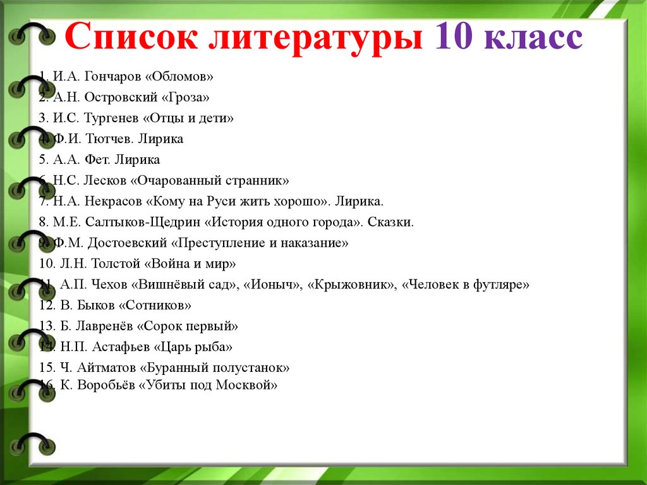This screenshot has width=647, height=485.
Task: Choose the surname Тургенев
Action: pyautogui.click(x=111, y=118)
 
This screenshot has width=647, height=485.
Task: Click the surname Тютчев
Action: pyautogui.click(x=109, y=139)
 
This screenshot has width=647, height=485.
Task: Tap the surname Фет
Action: pyautogui.click(x=98, y=159)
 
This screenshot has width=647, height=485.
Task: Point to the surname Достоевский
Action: pyautogui.click(x=127, y=243)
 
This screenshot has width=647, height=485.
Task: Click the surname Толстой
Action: pyautogui.click(x=116, y=264)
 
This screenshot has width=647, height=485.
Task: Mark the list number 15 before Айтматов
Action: pyautogui.click(x=47, y=367)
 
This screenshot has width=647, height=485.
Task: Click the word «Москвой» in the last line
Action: pyautogui.click(x=247, y=385)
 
